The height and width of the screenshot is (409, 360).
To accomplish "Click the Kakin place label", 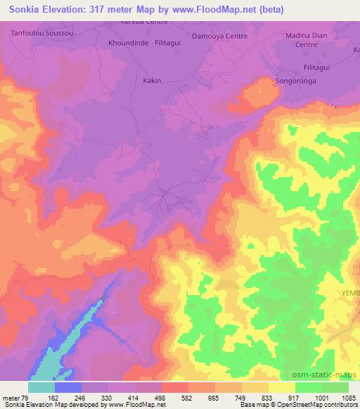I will (153, 80).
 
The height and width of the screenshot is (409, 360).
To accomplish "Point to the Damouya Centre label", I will (218, 34).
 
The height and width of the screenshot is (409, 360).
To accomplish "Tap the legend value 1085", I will (349, 398).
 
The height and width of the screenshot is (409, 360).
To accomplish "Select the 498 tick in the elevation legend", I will (162, 398).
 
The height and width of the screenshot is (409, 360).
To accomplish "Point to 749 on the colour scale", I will (243, 398).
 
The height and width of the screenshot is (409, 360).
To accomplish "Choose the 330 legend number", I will (109, 398).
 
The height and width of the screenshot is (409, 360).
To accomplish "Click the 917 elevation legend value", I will (295, 398).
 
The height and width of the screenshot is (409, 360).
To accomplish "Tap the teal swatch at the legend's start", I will (41, 387).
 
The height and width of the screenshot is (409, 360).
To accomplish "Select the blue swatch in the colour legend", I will (68, 387).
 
